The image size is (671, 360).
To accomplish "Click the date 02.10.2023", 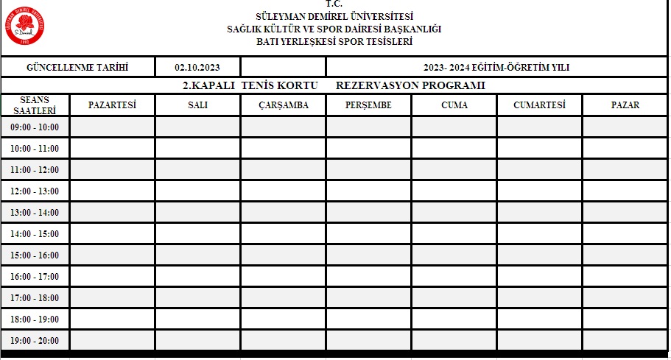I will (197, 68).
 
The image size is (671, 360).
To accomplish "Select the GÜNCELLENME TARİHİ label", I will (77, 68).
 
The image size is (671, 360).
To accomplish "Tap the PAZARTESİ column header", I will (113, 105).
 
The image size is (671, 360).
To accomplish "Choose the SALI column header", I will (197, 105).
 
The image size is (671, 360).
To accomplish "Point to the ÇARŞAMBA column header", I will (283, 105).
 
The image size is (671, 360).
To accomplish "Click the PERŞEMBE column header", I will (368, 105).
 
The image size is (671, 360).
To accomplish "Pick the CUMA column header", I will (454, 105).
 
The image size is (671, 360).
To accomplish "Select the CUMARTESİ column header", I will (539, 105).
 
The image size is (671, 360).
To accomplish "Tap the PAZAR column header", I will (625, 105).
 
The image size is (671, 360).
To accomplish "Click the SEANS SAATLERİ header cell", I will (35, 105).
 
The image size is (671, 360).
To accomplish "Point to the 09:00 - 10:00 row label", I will (35, 127).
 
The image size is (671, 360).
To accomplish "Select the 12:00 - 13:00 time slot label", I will (35, 191).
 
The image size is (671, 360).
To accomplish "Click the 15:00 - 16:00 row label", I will (35, 255).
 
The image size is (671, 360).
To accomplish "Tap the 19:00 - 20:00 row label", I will (35, 341).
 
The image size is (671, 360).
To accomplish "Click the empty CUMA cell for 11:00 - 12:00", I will (454, 169).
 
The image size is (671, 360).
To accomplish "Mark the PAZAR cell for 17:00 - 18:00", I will (625, 297).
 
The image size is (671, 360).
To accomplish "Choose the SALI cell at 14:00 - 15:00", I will (197, 233).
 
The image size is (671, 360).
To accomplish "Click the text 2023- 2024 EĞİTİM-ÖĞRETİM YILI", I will (496, 68).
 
